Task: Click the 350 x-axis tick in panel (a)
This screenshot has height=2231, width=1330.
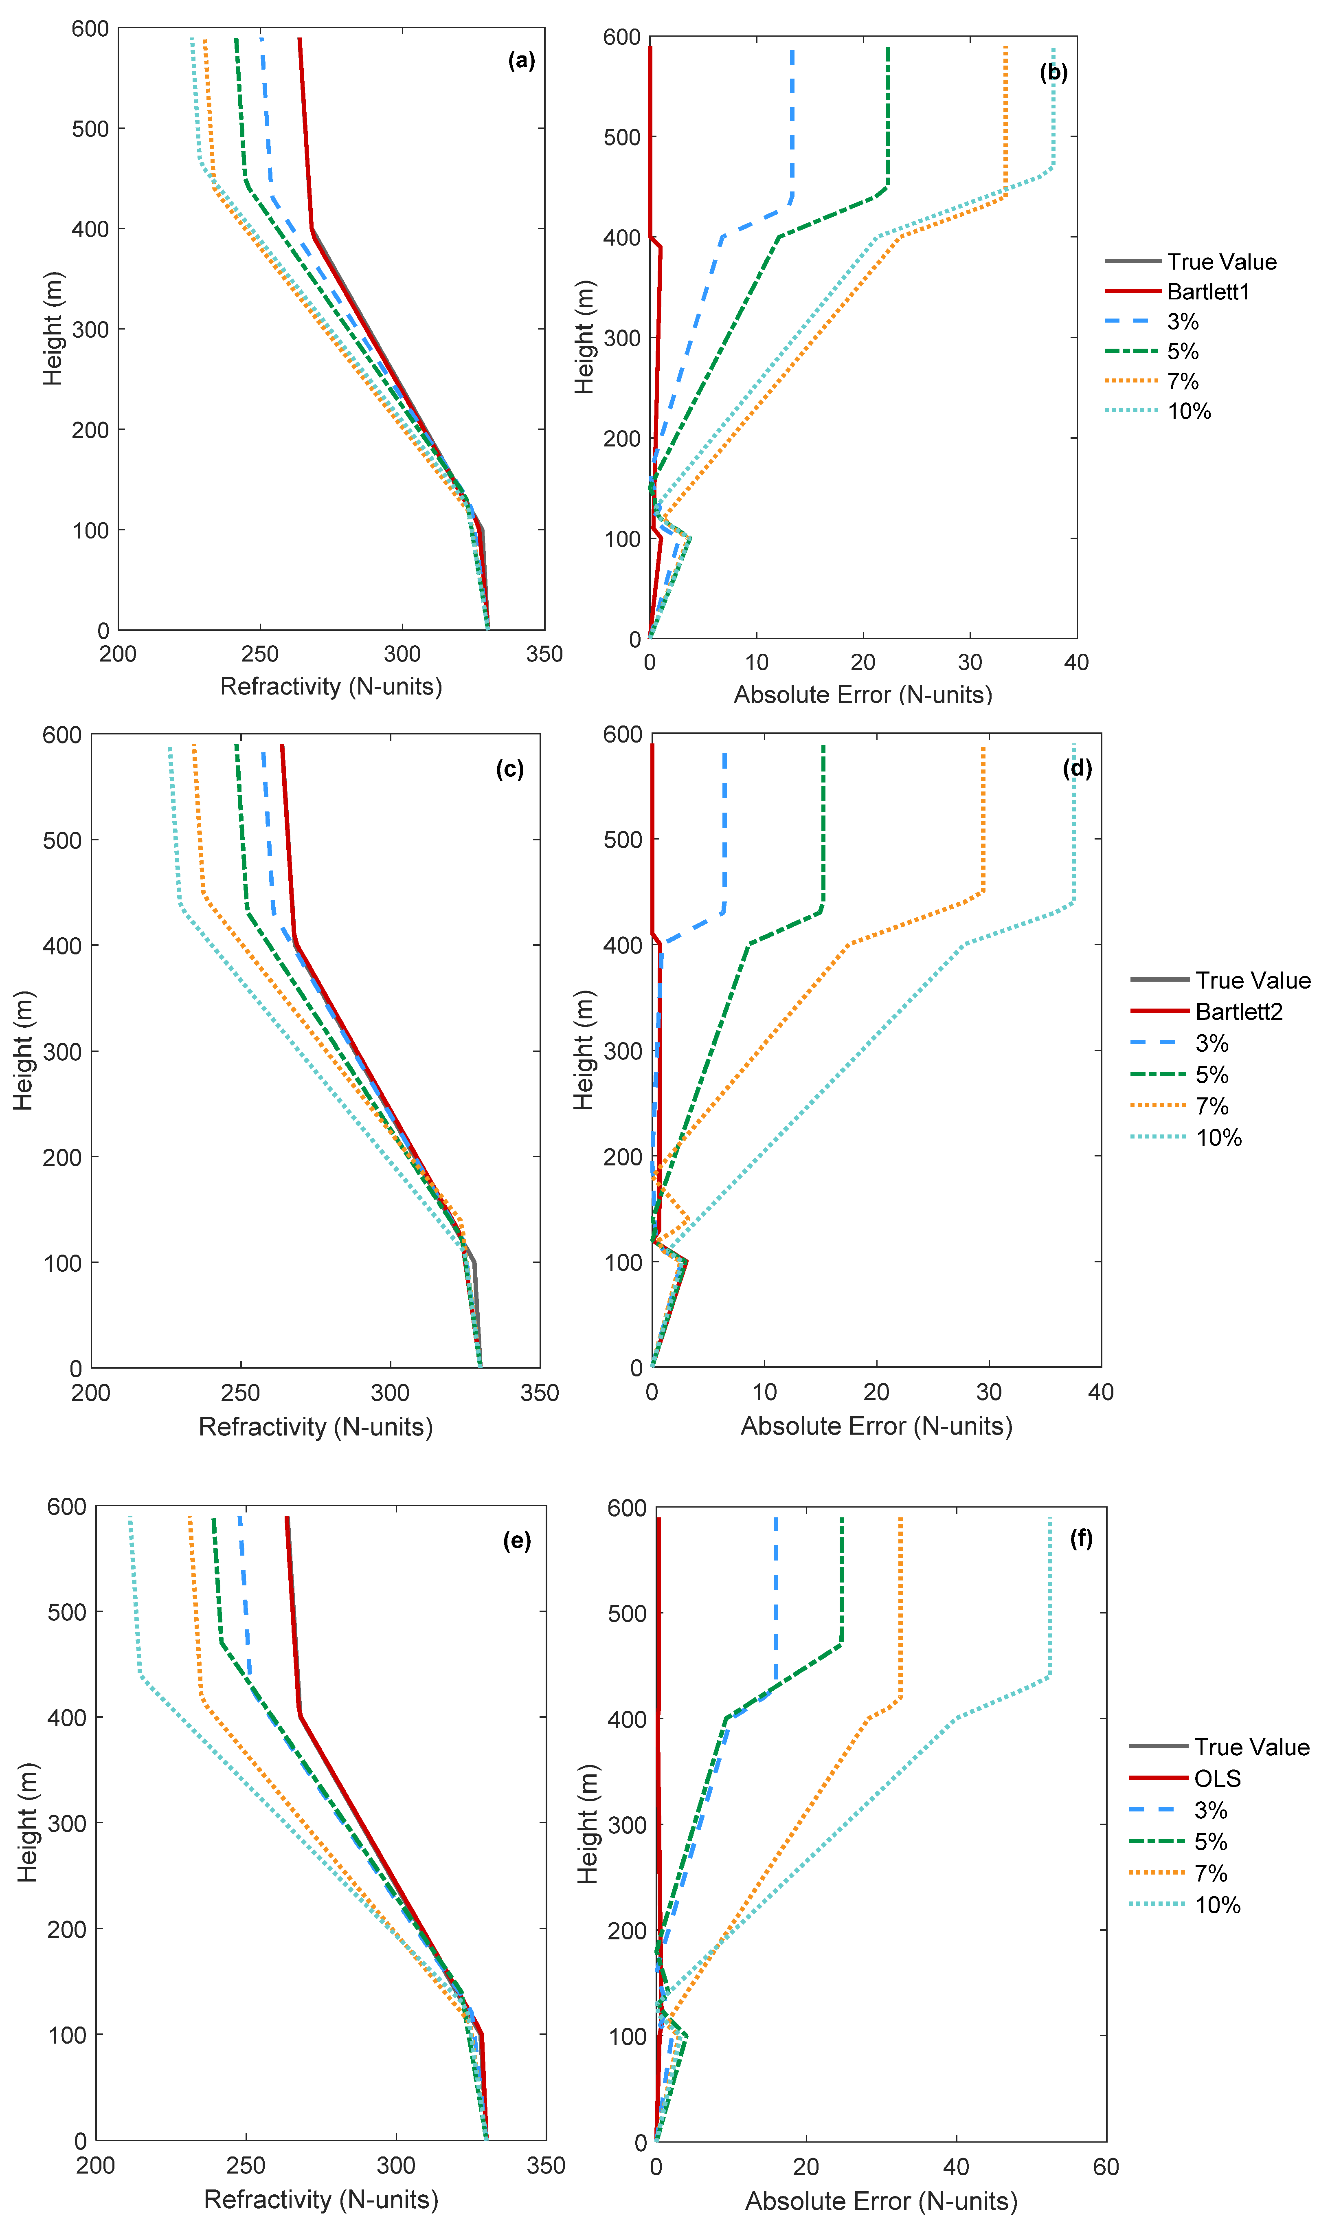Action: (x=544, y=654)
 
